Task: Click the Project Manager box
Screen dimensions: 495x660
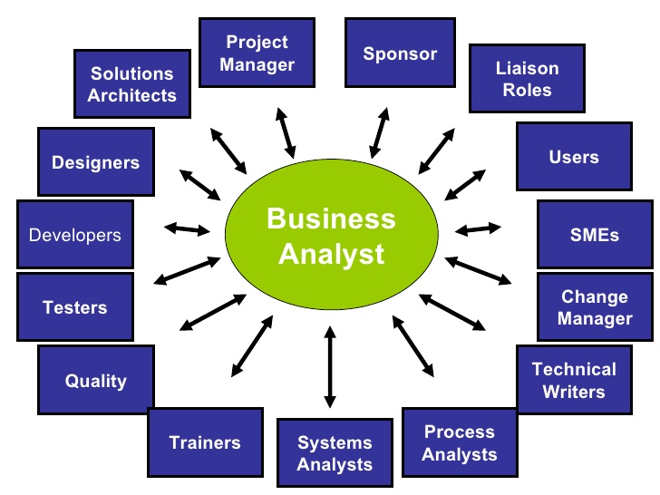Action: tap(258, 53)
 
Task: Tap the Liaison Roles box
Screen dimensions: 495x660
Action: tap(527, 80)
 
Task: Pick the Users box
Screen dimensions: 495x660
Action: tap(574, 157)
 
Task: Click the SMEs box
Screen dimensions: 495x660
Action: tap(595, 234)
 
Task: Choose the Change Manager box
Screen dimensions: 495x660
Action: tap(595, 307)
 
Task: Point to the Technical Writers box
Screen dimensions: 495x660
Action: tap(574, 381)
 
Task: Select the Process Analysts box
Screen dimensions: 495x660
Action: tap(460, 443)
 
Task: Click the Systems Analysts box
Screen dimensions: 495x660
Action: tap(335, 453)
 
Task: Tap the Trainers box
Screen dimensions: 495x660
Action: tap(205, 442)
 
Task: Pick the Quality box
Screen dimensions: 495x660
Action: tap(95, 381)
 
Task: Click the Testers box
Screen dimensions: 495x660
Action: tap(75, 307)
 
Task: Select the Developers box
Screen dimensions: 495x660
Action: tap(75, 235)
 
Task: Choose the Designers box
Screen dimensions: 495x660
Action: tap(95, 163)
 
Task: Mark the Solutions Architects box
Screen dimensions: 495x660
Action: tap(132, 84)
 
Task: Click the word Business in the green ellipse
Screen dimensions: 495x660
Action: tap(331, 219)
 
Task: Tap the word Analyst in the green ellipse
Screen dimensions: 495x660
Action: tap(331, 254)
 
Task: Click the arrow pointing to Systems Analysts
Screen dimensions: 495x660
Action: tap(329, 367)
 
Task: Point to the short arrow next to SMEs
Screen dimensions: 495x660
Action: tap(478, 227)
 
